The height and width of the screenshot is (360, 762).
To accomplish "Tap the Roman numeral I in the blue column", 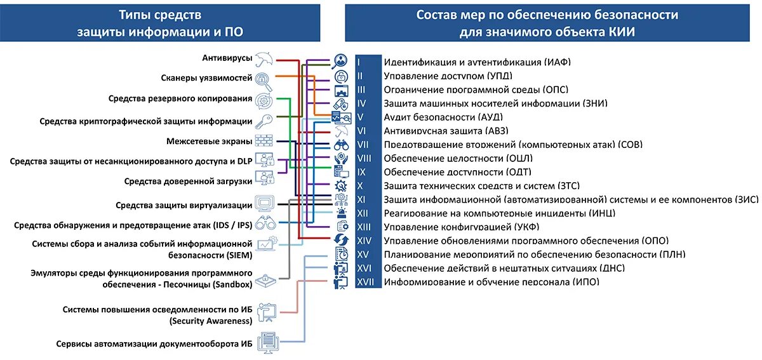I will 359,62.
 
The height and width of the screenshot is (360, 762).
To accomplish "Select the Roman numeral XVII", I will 364,282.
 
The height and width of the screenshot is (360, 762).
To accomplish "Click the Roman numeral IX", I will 361,172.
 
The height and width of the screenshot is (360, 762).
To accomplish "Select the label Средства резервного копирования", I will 179,99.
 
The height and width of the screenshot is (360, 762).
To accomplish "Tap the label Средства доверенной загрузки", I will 187,182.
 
